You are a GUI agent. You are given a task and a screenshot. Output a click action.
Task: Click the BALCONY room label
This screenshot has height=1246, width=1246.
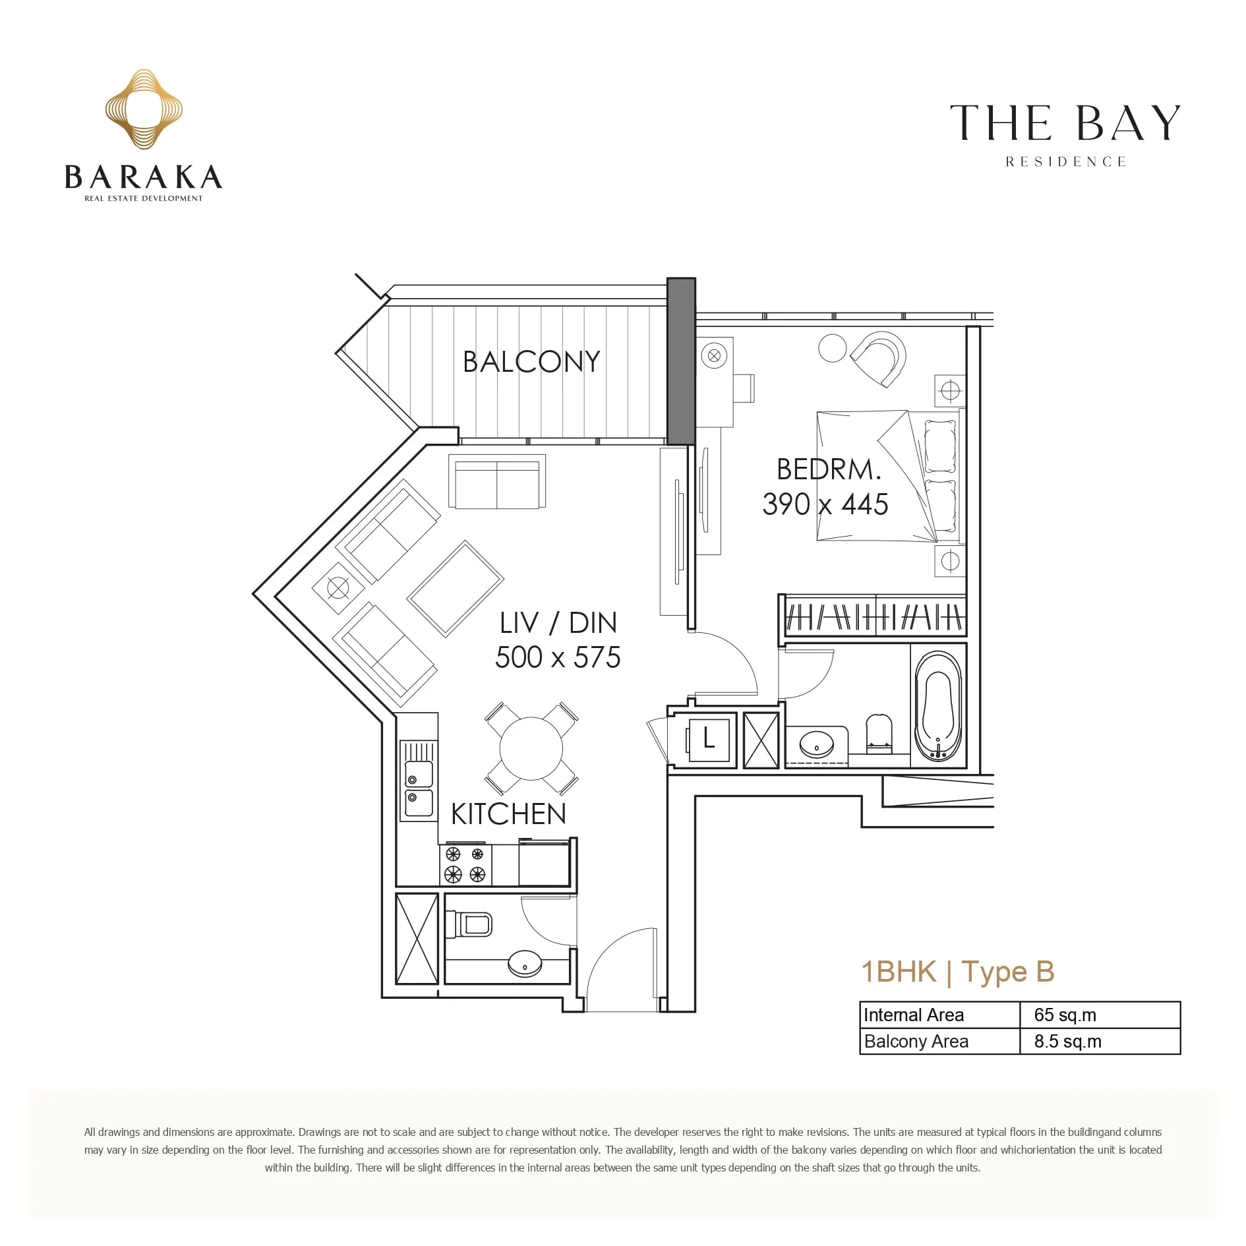(x=531, y=361)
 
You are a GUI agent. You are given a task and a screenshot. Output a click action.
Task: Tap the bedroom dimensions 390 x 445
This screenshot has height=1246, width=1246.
(x=825, y=504)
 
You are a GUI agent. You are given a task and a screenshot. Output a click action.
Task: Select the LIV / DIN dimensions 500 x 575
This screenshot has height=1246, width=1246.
(x=558, y=657)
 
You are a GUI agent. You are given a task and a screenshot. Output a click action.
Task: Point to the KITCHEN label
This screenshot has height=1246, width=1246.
(x=508, y=814)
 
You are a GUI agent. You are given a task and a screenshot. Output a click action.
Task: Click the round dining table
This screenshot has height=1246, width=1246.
(x=531, y=749)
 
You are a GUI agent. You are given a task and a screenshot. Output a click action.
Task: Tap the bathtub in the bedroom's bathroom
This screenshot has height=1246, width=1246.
(x=938, y=706)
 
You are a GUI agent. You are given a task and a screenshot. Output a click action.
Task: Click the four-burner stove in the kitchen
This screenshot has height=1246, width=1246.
(x=465, y=864)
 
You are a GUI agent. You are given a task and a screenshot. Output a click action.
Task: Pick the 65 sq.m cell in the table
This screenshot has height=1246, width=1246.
(x=1065, y=1015)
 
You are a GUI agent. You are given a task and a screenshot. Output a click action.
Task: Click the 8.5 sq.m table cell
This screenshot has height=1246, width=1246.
(x=1067, y=1041)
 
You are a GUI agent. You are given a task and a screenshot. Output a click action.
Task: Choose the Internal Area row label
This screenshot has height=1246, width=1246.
(x=914, y=1015)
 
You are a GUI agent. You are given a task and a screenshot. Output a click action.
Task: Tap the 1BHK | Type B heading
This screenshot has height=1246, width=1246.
(x=958, y=972)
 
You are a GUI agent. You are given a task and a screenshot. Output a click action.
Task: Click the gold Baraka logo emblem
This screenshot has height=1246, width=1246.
(x=144, y=109)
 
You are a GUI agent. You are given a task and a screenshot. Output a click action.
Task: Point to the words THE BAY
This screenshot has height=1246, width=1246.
(x=1065, y=123)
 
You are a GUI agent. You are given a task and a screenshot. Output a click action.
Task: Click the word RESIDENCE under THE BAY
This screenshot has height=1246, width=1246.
(x=1065, y=162)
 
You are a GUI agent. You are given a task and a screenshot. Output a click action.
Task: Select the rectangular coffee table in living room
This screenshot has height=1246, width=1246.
(x=456, y=588)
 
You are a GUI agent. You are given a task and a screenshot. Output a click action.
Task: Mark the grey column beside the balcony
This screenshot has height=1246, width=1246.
(x=681, y=361)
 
